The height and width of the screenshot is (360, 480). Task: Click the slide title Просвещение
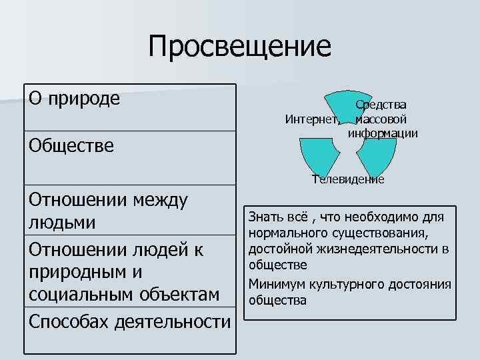[x=240, y=46]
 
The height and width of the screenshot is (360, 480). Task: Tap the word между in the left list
[x=161, y=199]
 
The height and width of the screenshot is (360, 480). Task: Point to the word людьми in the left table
[x=61, y=222]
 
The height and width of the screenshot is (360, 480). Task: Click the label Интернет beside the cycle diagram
[x=311, y=121]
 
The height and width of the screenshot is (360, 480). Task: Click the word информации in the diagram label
[x=382, y=133]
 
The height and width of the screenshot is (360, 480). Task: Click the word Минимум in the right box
[x=274, y=285]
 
